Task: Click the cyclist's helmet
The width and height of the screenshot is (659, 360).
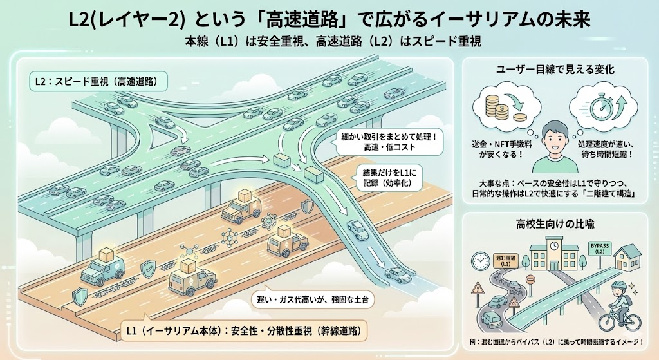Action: pos(619,284)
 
